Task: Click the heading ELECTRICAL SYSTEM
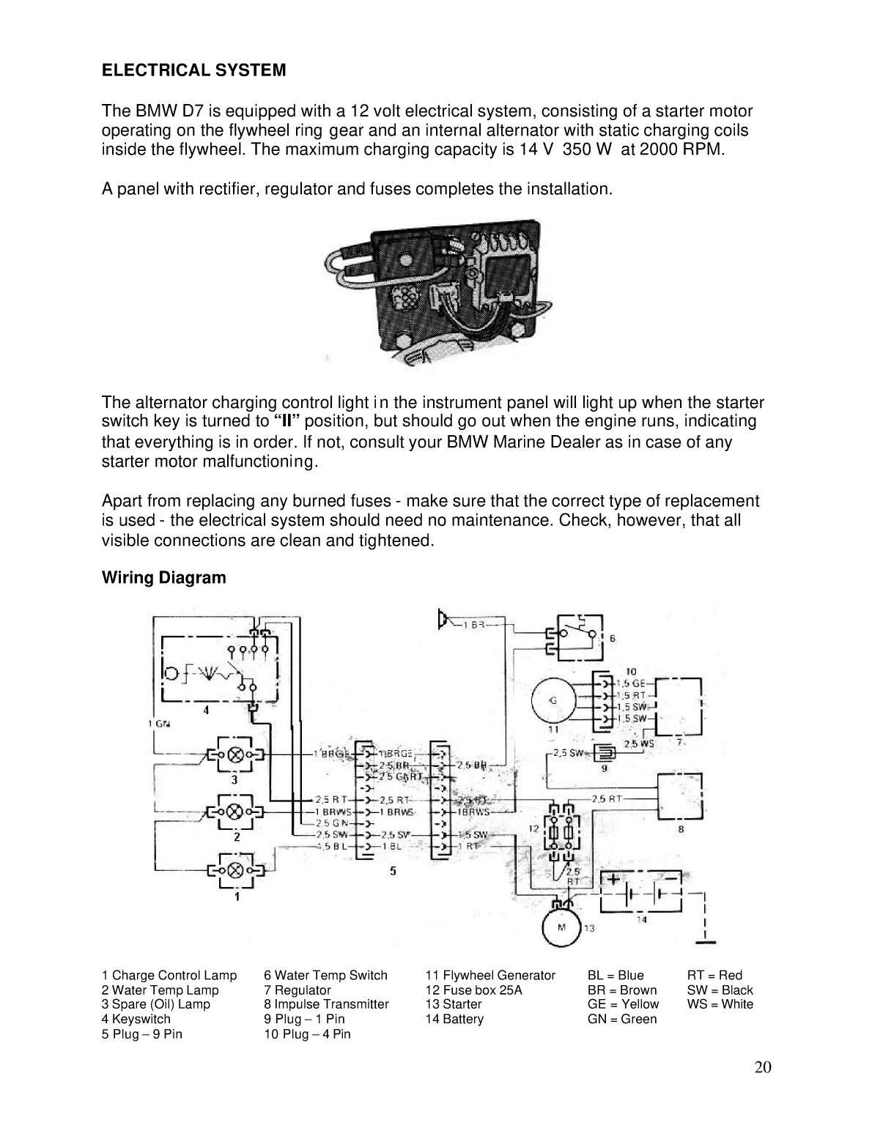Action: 193,71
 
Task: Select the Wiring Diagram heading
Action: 164,578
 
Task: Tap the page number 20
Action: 762,1066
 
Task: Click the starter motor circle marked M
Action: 561,927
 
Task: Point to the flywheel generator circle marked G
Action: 553,700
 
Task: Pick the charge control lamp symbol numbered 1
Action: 236,871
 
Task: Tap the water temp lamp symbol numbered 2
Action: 236,812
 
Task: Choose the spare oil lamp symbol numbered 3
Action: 236,754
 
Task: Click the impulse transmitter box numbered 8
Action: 681,796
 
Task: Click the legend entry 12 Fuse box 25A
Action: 473,990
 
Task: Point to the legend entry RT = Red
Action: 714,976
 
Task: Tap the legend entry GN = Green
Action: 622,1020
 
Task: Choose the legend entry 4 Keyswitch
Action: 136,1020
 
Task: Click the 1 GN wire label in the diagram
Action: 159,724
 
